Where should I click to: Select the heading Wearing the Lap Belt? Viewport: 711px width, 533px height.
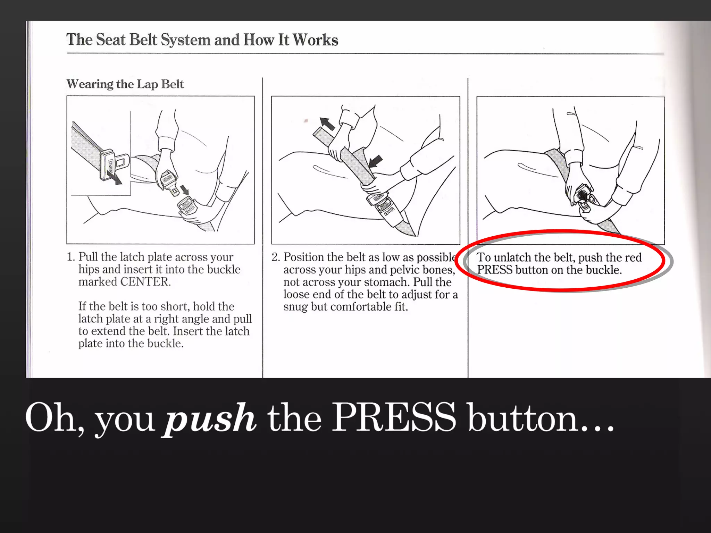point(125,84)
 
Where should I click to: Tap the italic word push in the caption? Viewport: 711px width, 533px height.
point(210,418)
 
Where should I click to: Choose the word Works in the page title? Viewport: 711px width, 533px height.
point(315,40)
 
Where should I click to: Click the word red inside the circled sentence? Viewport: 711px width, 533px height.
point(633,258)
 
